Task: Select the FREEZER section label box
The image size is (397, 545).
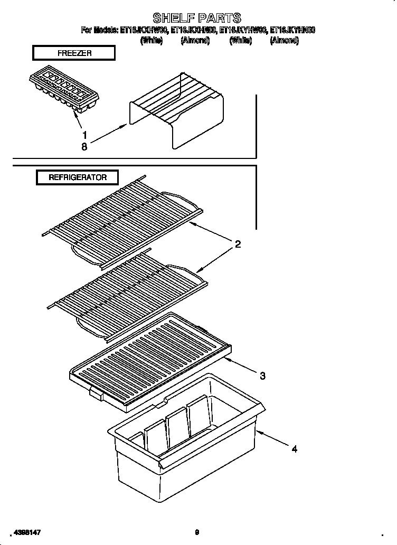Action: click(x=73, y=53)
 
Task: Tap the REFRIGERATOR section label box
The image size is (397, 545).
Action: click(x=77, y=177)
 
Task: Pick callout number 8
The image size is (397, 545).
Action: click(x=84, y=147)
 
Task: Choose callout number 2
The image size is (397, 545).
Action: click(x=238, y=244)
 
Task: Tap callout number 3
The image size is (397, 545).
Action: click(x=262, y=376)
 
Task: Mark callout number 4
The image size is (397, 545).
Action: click(x=294, y=449)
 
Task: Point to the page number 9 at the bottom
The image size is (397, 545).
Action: click(x=196, y=533)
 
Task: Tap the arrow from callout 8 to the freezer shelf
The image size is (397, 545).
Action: click(x=108, y=134)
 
